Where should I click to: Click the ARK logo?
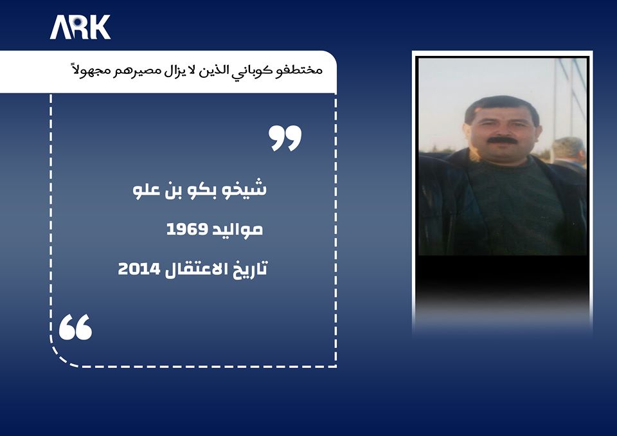click(x=80, y=28)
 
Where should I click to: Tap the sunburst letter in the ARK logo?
click(x=80, y=28)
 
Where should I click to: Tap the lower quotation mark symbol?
click(x=76, y=327)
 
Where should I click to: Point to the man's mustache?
click(x=501, y=140)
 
